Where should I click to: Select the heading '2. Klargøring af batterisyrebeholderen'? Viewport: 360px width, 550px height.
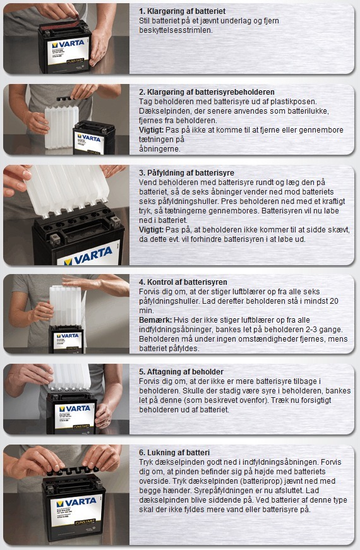(x=207, y=92)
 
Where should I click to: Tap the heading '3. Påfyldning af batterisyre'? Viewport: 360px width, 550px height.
(x=186, y=172)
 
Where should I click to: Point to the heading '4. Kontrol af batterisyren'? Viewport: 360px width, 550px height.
(x=183, y=282)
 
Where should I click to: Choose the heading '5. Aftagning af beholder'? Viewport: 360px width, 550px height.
(x=181, y=371)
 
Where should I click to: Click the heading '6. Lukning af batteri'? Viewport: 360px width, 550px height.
(x=175, y=452)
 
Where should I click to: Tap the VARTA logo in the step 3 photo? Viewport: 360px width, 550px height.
(x=88, y=258)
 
